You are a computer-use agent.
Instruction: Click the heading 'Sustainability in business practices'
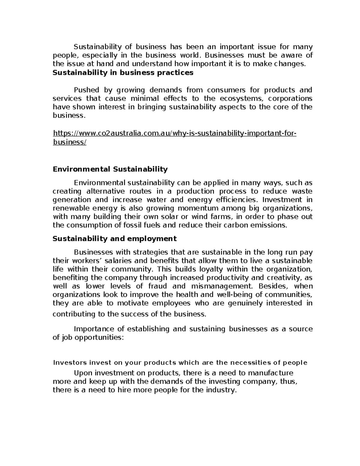pos(123,73)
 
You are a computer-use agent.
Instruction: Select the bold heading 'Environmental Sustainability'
pos(110,169)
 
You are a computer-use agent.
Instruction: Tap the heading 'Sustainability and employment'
pos(115,239)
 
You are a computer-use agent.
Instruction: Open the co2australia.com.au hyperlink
pos(174,133)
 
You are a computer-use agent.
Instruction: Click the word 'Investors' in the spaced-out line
pos(69,362)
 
